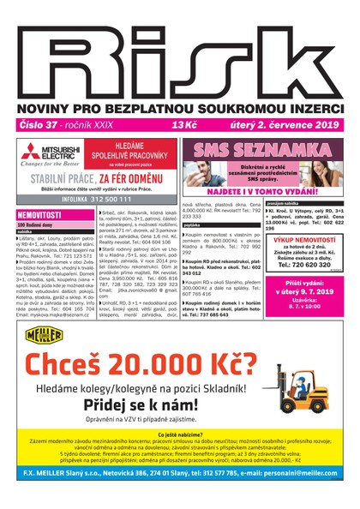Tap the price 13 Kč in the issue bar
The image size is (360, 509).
tap(183, 125)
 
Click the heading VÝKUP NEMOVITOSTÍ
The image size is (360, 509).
tap(304, 241)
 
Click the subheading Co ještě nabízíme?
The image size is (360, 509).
tap(179, 435)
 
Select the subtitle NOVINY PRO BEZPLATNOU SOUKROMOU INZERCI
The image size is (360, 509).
tap(179, 105)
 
